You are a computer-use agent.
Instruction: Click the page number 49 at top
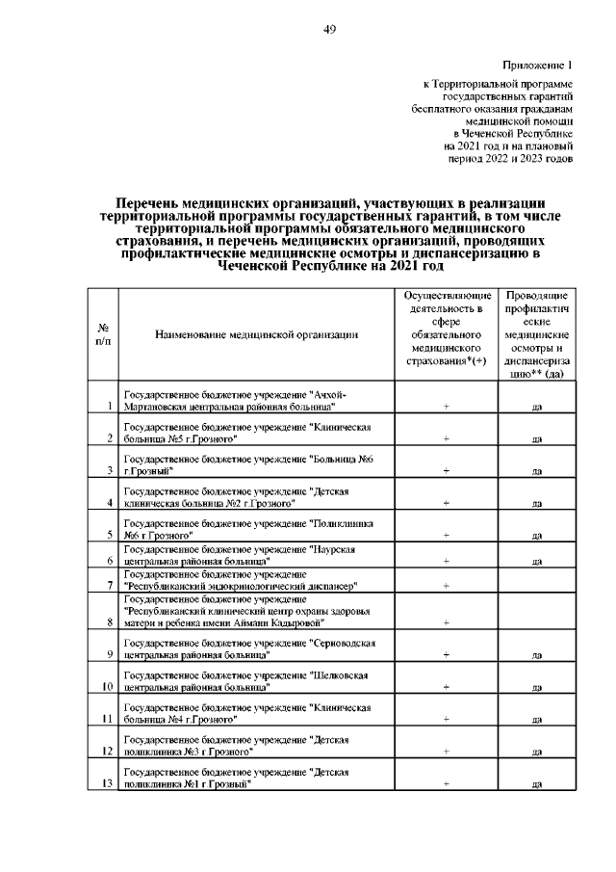[329, 30]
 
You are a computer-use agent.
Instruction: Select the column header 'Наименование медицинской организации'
[256, 334]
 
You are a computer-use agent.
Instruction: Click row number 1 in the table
[112, 407]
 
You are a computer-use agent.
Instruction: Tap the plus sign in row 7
[447, 585]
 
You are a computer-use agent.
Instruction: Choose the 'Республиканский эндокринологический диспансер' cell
[256, 579]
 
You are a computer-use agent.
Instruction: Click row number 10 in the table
[108, 687]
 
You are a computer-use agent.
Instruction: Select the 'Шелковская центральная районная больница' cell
[256, 681]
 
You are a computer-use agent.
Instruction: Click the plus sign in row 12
[447, 751]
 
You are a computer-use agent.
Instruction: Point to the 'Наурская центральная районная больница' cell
[256, 554]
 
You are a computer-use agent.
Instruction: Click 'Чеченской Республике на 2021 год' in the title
[329, 266]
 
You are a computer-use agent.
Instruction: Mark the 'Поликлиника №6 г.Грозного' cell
[256, 526]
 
